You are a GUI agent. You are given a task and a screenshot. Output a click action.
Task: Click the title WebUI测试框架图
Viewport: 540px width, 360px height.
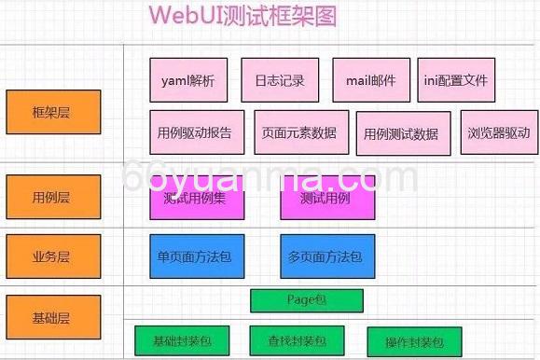click(x=242, y=16)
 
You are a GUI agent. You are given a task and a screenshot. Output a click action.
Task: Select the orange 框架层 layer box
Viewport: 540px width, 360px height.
click(x=52, y=112)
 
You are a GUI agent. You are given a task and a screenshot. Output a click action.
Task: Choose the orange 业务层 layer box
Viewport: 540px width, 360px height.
click(x=52, y=256)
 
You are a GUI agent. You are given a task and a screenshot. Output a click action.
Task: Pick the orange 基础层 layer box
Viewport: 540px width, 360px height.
click(x=52, y=317)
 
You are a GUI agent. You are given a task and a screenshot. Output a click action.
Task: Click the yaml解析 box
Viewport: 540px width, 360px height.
click(x=188, y=80)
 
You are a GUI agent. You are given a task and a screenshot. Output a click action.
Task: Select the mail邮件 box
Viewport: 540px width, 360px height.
click(x=371, y=80)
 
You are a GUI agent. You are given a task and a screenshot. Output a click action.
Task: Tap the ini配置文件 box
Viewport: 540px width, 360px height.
click(x=456, y=80)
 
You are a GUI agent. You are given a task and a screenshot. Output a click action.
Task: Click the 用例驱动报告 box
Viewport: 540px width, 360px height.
click(x=197, y=132)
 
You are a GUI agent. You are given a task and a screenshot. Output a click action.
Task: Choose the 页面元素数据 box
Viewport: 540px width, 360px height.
click(x=299, y=132)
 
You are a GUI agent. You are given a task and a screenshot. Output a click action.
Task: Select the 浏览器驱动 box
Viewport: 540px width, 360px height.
click(x=499, y=132)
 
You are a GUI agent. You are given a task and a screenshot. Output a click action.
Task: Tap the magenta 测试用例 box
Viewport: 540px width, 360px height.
click(x=327, y=198)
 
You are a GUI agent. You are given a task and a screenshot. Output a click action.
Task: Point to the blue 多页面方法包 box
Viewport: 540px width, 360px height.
click(x=327, y=256)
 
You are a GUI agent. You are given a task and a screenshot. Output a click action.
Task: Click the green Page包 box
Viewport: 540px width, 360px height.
click(x=307, y=301)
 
